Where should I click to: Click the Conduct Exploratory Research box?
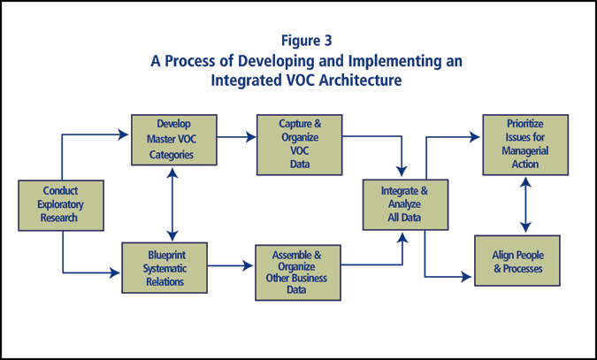(61, 203)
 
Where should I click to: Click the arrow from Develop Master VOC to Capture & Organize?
(235, 136)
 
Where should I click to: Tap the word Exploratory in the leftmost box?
(61, 203)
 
